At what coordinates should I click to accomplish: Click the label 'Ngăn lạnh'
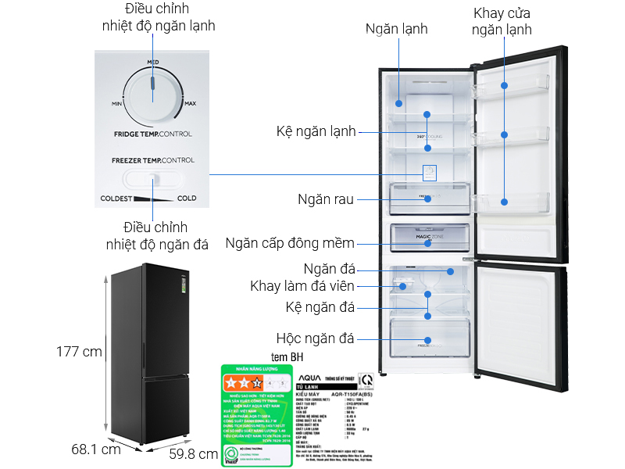pyautogui.click(x=397, y=29)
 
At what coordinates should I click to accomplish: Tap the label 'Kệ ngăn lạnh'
pyautogui.click(x=316, y=131)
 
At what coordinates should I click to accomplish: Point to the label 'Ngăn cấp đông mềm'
pyautogui.click(x=290, y=242)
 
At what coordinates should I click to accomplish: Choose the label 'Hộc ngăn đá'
pyautogui.click(x=315, y=338)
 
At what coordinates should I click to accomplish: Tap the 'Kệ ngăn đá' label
pyautogui.click(x=320, y=306)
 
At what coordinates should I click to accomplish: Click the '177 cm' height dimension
pyautogui.click(x=80, y=351)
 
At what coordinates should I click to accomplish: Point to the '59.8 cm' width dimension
pyautogui.click(x=193, y=453)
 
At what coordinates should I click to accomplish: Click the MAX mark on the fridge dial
pyautogui.click(x=190, y=103)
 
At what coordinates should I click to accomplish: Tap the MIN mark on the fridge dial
pyautogui.click(x=117, y=103)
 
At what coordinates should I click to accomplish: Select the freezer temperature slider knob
pyautogui.click(x=154, y=180)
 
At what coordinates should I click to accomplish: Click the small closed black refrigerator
pyautogui.click(x=146, y=352)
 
